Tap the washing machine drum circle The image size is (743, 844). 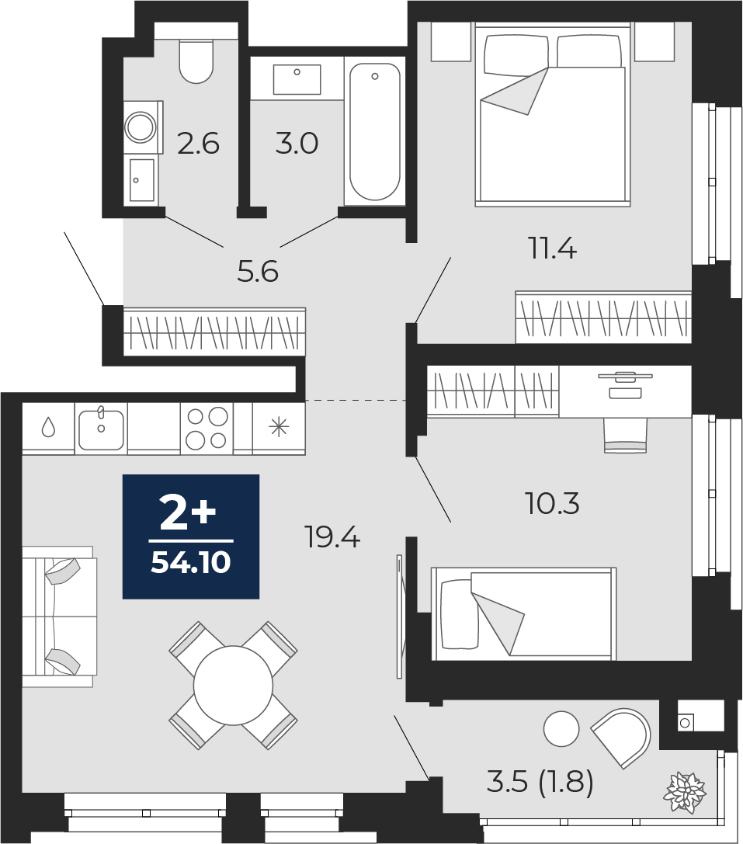coord(141,127)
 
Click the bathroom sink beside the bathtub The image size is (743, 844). coord(297,79)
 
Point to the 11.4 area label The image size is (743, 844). coord(553,248)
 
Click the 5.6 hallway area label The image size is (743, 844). coord(258,271)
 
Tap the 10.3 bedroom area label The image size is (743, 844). coord(552,504)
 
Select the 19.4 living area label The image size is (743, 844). coord(332,537)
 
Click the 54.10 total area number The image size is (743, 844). coord(191,562)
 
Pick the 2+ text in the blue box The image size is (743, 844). coord(189,515)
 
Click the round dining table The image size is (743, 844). coord(233,685)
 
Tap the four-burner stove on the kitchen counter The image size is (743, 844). coord(207,429)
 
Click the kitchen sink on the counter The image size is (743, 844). coord(101,429)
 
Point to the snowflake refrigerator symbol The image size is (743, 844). coord(279,428)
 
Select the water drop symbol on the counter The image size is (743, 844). coord(48,429)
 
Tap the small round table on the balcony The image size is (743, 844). coord(561,728)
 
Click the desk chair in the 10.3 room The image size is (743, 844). coord(625,436)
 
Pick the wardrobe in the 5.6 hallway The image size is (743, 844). coord(214,332)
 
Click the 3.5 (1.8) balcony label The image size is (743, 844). coord(540,782)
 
